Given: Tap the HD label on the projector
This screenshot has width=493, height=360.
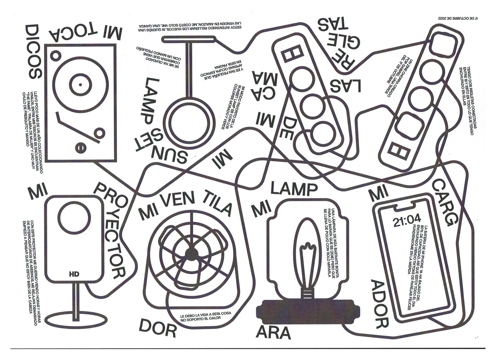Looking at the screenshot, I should (x=74, y=274).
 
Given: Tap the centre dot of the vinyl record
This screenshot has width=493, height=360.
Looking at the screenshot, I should (x=80, y=84).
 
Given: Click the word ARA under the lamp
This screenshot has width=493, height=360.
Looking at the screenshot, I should (x=274, y=332).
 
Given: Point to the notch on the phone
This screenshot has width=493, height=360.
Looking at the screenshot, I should (x=406, y=207).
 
